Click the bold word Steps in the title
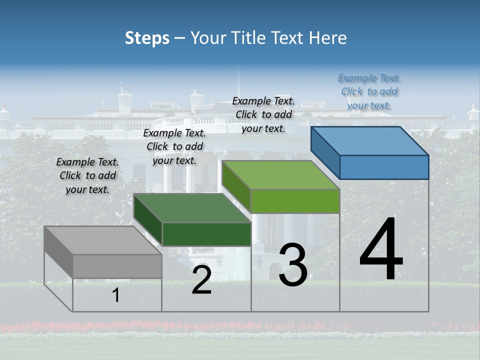[147, 38]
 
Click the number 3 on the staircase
[293, 265]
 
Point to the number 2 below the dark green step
[201, 280]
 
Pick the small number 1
[116, 295]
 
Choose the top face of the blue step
[370, 141]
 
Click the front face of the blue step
[384, 167]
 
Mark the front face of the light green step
[295, 201]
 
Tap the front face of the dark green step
[206, 234]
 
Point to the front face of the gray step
[117, 266]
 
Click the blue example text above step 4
[369, 92]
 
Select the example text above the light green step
[263, 114]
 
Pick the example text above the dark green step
[174, 146]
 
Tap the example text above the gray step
[87, 175]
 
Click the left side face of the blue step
[325, 148]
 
